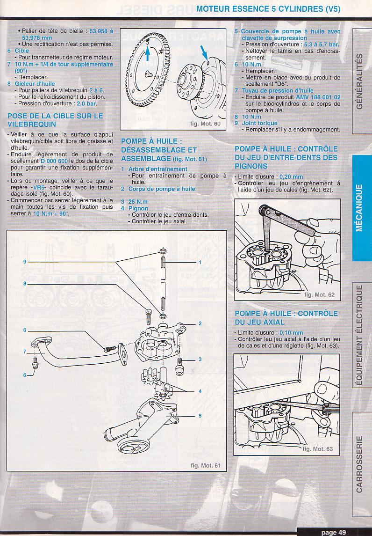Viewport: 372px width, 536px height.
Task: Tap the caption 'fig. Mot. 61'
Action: [205, 465]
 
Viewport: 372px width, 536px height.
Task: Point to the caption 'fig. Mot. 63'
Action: [318, 449]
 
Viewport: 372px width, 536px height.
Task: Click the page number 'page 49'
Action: [333, 532]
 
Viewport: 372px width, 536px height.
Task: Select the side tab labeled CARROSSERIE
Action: [359, 464]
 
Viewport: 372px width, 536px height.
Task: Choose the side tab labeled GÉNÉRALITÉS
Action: [359, 81]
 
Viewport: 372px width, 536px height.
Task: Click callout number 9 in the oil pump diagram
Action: [25, 262]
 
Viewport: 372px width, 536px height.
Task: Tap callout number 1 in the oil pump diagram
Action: [200, 262]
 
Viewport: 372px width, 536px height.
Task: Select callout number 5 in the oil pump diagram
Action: [200, 416]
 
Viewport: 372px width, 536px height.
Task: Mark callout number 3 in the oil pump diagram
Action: [200, 360]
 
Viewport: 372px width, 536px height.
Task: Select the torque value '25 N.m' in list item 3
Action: [137, 202]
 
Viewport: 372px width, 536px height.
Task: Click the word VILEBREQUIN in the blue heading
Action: [32, 125]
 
